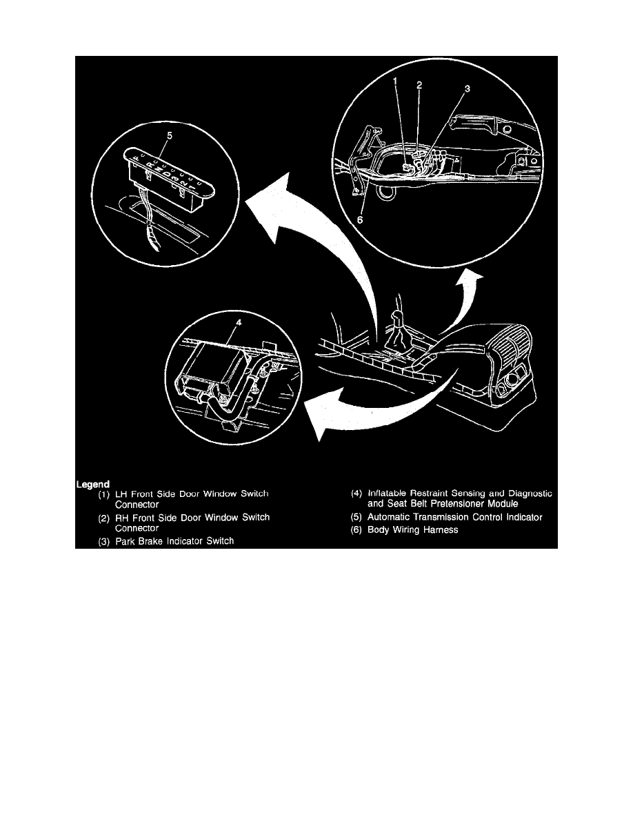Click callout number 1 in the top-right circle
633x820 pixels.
(395, 81)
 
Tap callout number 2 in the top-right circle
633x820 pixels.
(419, 85)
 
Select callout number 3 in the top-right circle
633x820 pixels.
(468, 89)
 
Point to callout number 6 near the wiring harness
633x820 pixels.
(360, 220)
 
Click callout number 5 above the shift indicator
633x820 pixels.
(169, 136)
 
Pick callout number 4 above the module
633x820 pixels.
(239, 322)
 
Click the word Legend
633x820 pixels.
(93, 485)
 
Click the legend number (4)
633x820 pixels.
(356, 493)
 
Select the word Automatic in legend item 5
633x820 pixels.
(389, 517)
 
